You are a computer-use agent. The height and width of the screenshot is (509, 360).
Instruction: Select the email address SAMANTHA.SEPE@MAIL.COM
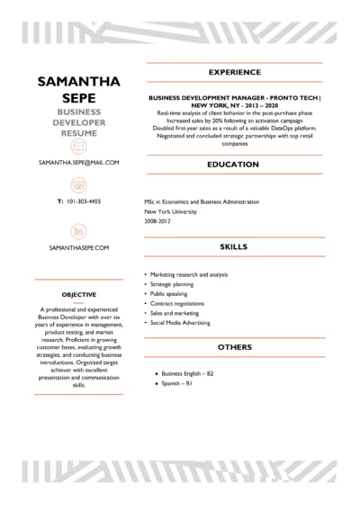79,163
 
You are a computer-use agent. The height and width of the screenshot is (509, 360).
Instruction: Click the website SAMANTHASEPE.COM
79,246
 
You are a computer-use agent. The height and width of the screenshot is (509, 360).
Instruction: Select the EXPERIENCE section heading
234,71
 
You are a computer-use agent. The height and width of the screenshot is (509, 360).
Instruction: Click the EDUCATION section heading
234,165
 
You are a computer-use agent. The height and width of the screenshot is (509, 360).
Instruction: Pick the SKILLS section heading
234,245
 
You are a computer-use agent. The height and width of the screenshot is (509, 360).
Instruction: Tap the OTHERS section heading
234,346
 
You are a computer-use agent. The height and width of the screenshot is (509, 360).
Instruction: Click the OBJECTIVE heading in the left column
79,294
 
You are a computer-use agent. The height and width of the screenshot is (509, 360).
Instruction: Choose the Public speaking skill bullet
170,293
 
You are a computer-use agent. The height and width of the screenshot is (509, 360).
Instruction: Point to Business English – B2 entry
187,372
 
